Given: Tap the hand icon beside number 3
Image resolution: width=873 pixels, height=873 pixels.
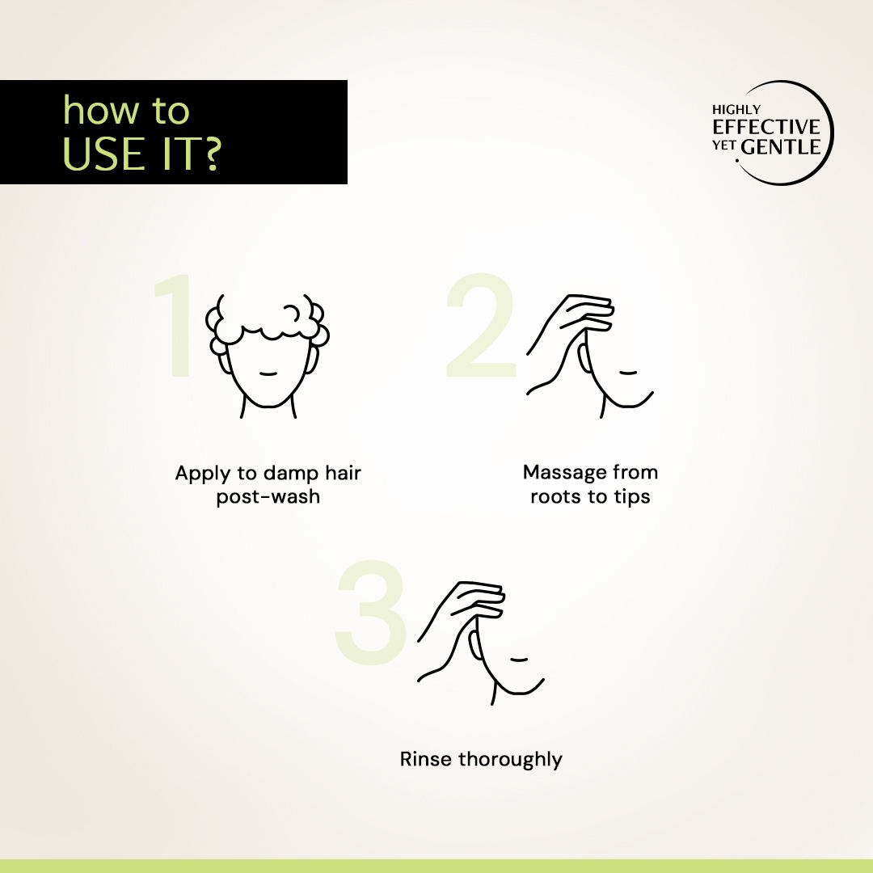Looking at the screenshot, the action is click(480, 643).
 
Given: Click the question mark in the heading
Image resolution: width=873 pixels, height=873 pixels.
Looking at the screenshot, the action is click(210, 154).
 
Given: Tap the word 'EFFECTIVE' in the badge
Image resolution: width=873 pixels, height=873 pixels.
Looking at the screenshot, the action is click(766, 127).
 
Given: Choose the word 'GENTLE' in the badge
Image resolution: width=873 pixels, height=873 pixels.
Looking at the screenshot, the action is click(781, 147).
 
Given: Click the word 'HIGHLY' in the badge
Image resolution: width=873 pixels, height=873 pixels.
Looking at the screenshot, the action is click(736, 110).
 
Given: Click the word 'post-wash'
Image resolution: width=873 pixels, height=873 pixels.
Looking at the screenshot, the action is click(268, 496).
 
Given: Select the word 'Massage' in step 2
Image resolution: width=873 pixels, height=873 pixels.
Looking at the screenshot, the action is click(564, 473).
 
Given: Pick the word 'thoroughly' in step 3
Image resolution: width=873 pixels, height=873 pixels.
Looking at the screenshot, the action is click(510, 760).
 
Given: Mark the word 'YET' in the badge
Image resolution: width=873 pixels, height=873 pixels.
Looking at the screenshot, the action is click(724, 145).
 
